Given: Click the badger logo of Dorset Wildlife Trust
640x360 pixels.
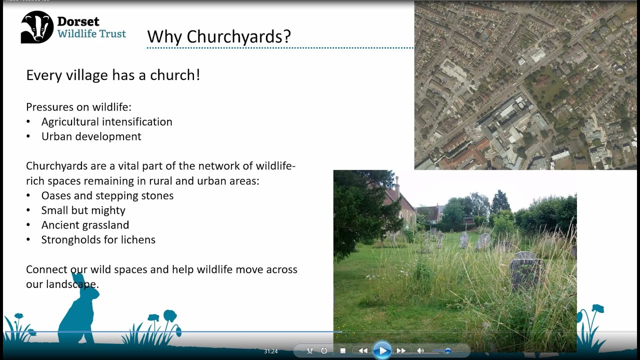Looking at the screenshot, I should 37,27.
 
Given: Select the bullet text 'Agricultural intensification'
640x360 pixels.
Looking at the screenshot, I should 106,122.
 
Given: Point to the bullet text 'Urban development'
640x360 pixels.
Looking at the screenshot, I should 91,136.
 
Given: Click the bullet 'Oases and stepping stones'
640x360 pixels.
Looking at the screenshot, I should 107,195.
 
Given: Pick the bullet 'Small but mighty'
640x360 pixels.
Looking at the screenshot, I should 83,210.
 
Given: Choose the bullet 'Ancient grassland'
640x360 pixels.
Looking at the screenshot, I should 85,225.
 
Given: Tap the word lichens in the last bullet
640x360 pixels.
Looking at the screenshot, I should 136,240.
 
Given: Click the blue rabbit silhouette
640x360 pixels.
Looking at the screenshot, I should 78,310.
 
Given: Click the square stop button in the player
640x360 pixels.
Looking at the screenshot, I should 343,351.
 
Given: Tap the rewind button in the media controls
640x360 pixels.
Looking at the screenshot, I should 363,351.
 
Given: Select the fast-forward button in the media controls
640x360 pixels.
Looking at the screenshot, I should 401,351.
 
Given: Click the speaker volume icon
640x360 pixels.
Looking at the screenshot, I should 420,351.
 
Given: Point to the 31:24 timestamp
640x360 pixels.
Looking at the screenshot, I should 270,351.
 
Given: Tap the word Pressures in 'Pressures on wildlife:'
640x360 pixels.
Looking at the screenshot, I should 47,107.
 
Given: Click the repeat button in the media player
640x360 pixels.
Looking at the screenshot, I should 324,351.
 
